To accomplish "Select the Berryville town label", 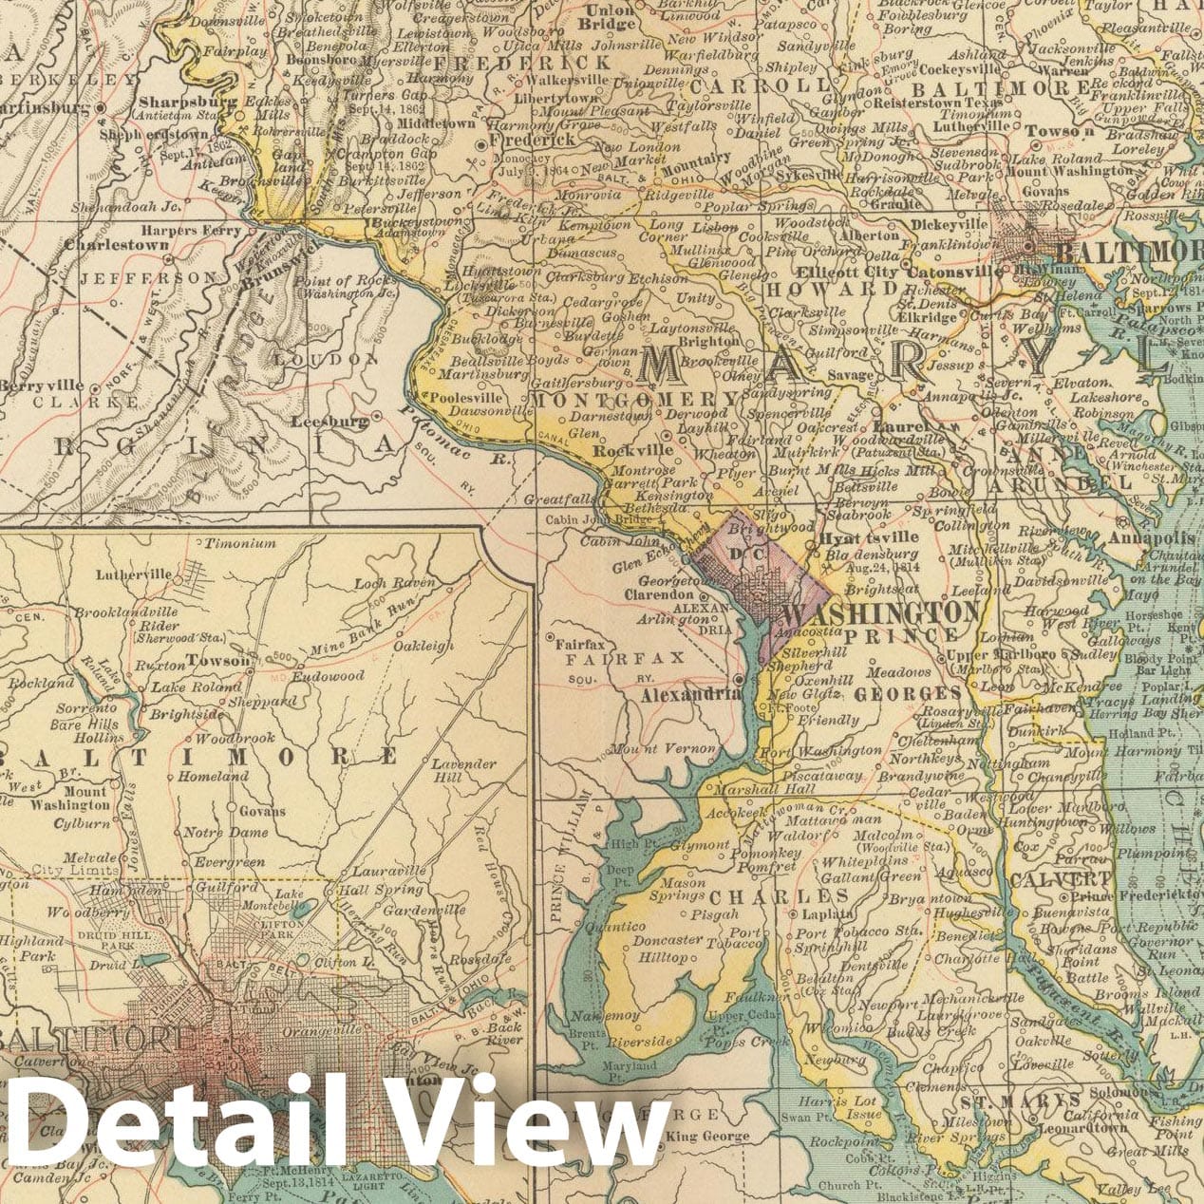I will pyautogui.click(x=42, y=386).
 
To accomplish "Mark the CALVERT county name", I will pyautogui.click(x=1046, y=879).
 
